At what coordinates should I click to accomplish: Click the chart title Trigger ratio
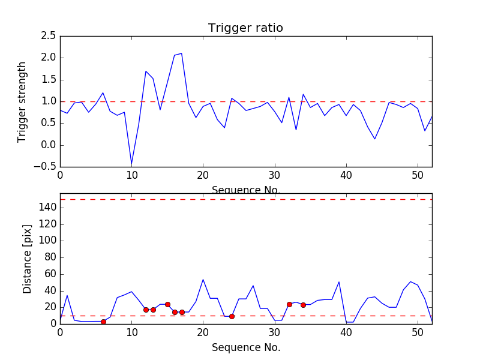245,28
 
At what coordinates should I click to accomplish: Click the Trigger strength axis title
22,101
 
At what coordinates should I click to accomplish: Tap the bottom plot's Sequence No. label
245,347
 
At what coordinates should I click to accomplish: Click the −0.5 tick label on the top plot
46,167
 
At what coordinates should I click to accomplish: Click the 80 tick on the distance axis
49,257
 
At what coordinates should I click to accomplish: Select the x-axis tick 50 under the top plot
418,175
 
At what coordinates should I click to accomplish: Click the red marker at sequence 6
103,322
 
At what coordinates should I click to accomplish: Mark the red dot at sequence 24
232,316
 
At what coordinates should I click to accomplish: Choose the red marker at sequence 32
289,304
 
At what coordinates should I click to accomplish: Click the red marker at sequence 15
167,304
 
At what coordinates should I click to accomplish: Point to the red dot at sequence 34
303,305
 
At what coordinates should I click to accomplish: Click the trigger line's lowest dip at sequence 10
131,164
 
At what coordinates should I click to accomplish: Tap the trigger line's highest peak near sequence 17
182,53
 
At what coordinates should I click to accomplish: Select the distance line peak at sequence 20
203,279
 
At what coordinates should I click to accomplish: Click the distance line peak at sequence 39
339,282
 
